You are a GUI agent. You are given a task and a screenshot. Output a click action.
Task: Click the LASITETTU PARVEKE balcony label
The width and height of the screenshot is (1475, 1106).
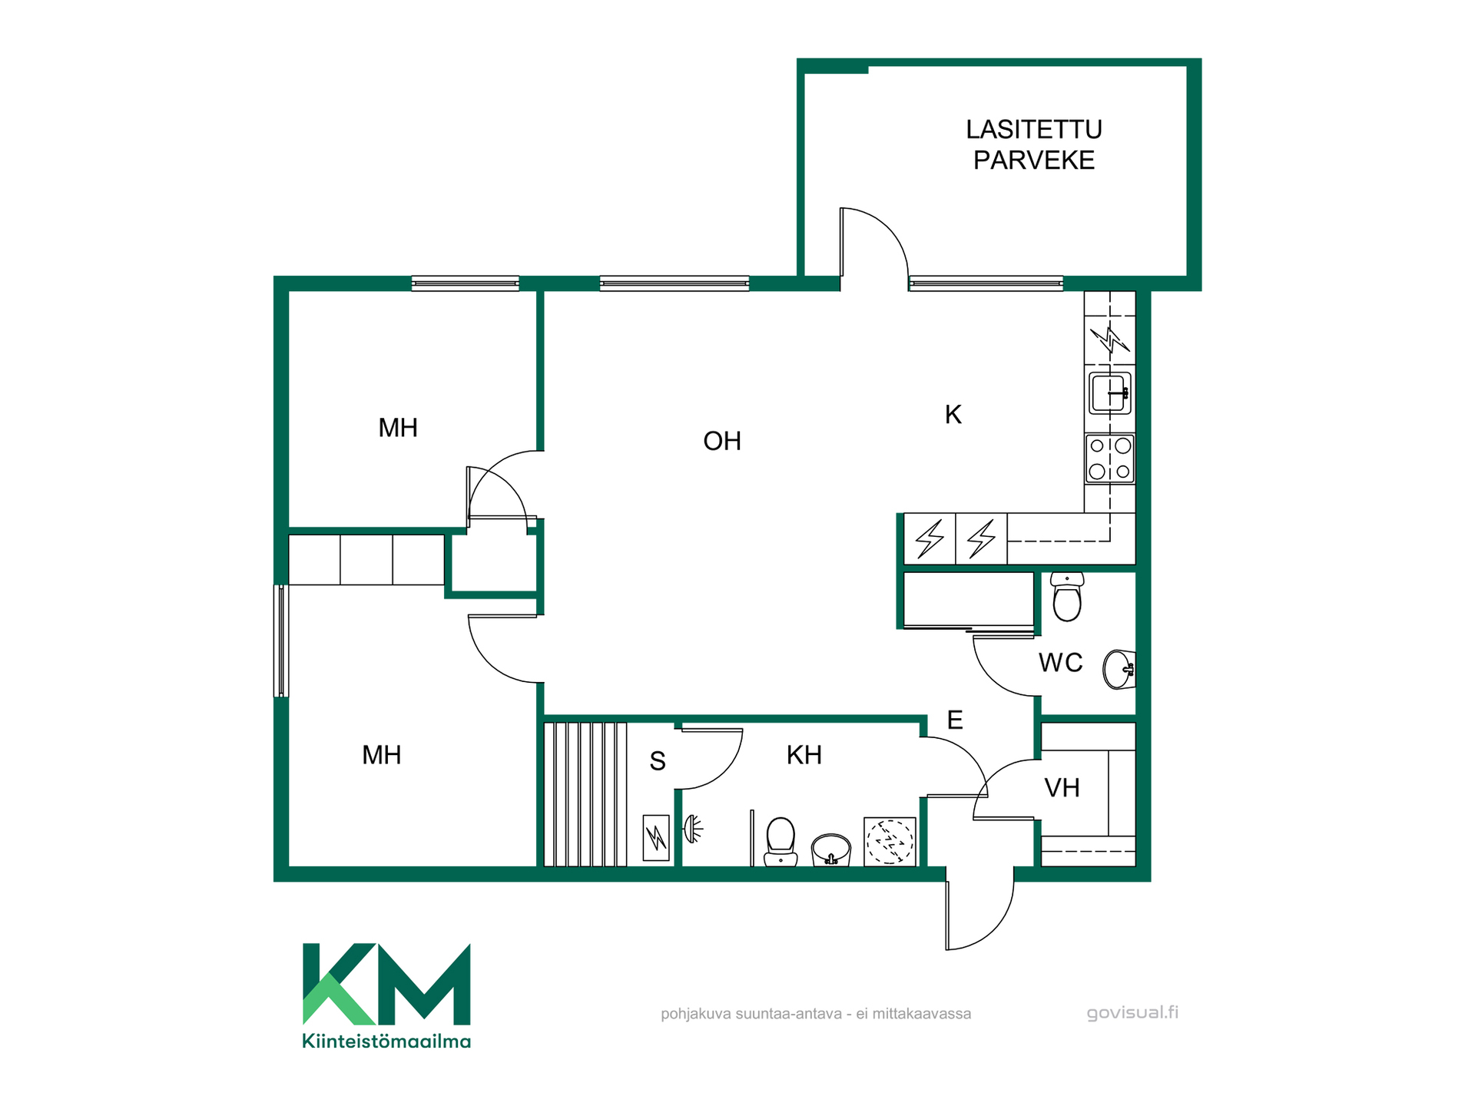coord(1034,144)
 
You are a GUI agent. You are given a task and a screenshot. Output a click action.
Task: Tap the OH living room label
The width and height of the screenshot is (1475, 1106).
coord(722,441)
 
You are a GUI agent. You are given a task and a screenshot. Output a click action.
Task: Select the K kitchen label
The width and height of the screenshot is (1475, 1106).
coord(953,415)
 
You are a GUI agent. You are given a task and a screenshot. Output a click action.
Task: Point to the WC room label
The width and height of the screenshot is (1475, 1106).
coord(1060,662)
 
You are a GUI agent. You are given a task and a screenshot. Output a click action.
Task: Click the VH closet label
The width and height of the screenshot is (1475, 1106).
coord(1062,787)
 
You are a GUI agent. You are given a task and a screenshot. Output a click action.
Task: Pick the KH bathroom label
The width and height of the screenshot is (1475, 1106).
coord(804,755)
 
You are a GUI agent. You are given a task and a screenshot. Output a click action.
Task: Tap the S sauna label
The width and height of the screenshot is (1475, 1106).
coord(658,761)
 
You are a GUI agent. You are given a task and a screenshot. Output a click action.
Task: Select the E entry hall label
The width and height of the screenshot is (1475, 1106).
coord(955,720)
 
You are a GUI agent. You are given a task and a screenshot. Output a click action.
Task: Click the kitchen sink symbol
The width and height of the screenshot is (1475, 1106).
coord(1110,392)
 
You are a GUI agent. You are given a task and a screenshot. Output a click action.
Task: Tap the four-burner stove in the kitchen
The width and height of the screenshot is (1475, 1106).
coord(1110,459)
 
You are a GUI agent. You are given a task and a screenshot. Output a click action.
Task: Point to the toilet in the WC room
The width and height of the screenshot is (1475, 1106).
coord(1067,596)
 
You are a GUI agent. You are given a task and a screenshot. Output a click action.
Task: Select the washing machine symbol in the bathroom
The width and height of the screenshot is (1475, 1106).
coord(890,842)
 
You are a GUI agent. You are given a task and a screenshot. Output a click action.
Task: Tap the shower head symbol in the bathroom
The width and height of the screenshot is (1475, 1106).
coord(694,829)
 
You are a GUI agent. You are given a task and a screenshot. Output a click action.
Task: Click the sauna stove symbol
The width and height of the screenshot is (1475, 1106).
coord(656,837)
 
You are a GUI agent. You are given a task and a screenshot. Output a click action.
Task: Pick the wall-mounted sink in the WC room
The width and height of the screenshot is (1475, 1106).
coord(1119,669)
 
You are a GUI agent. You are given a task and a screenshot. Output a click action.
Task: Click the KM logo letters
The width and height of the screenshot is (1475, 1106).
coord(386,984)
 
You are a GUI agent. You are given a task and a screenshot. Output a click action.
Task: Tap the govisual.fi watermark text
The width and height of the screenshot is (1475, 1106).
coord(1132,1012)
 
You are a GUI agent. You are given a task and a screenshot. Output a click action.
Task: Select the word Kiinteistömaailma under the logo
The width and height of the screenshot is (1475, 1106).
coord(386,1041)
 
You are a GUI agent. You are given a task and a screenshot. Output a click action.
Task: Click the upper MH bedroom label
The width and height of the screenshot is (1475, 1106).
coord(398,428)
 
